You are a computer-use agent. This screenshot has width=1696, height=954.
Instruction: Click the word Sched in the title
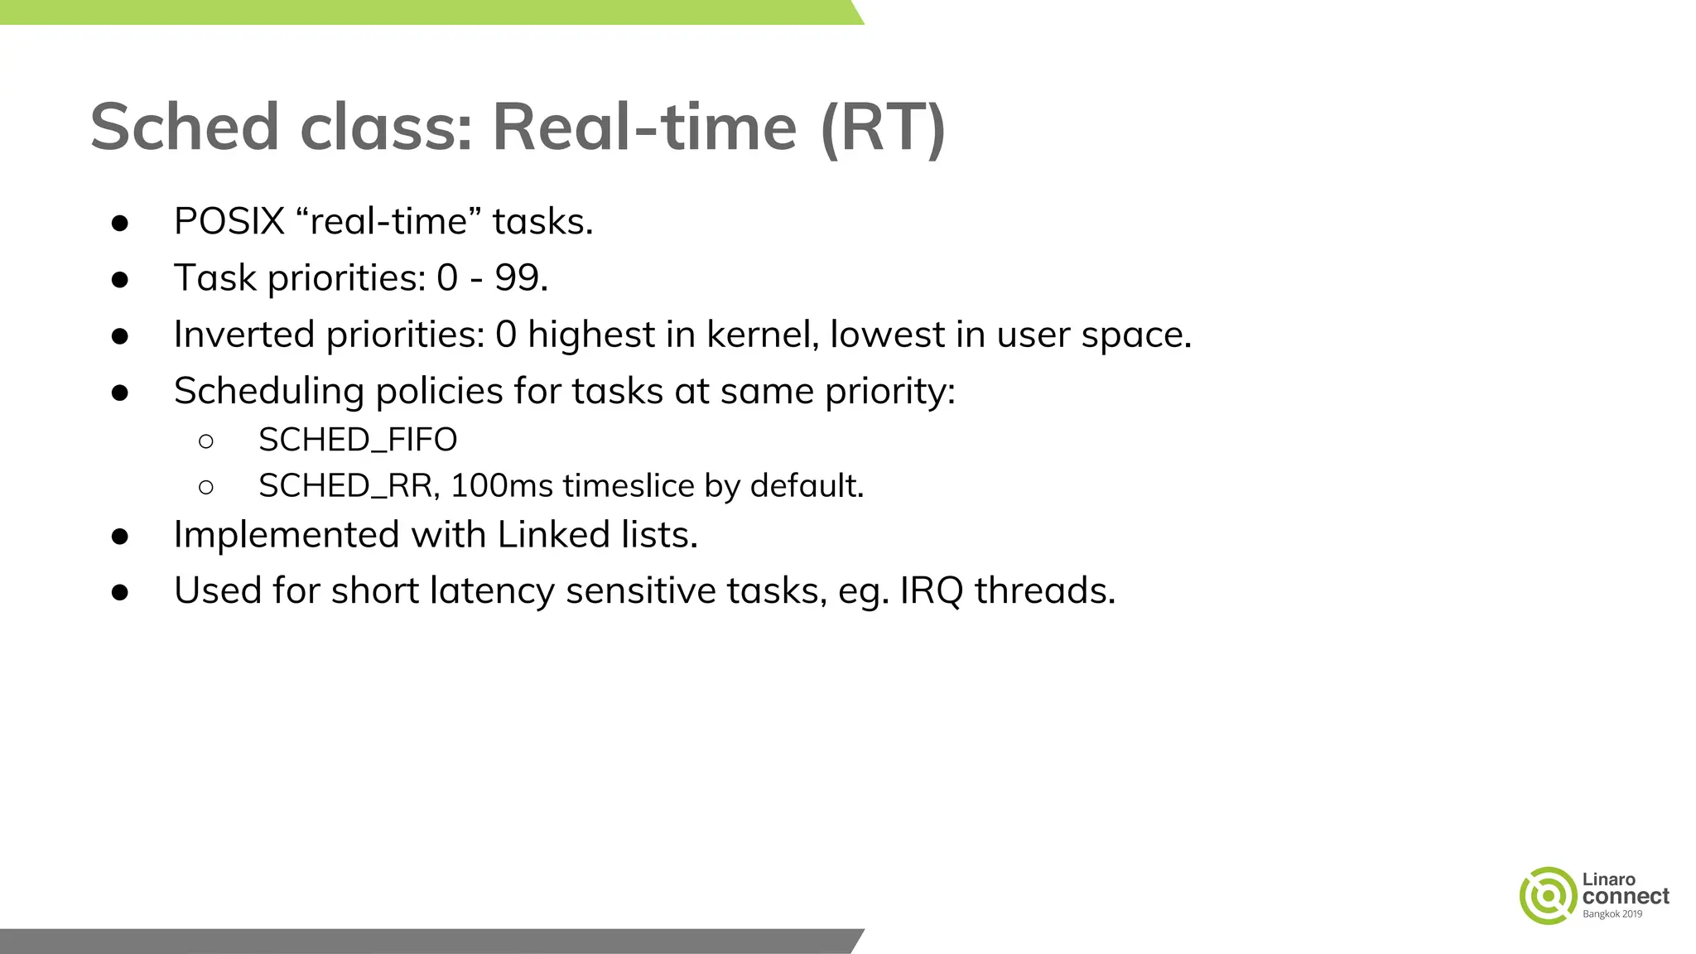tap(184, 128)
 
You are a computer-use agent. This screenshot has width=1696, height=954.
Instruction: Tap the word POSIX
tap(229, 222)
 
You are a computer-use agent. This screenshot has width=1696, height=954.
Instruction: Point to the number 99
tap(517, 278)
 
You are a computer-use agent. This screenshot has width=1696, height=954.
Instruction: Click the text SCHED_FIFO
tap(358, 440)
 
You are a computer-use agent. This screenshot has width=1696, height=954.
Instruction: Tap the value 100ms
tap(501, 486)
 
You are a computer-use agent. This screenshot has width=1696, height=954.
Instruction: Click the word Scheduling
tap(269, 392)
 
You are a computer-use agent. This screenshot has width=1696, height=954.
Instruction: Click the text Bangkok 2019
tap(1612, 914)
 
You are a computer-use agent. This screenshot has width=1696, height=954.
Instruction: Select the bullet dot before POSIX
tap(120, 223)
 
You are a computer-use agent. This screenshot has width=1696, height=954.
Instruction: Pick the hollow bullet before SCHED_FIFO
tap(206, 441)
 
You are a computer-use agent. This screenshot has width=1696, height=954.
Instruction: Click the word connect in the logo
tap(1625, 896)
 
